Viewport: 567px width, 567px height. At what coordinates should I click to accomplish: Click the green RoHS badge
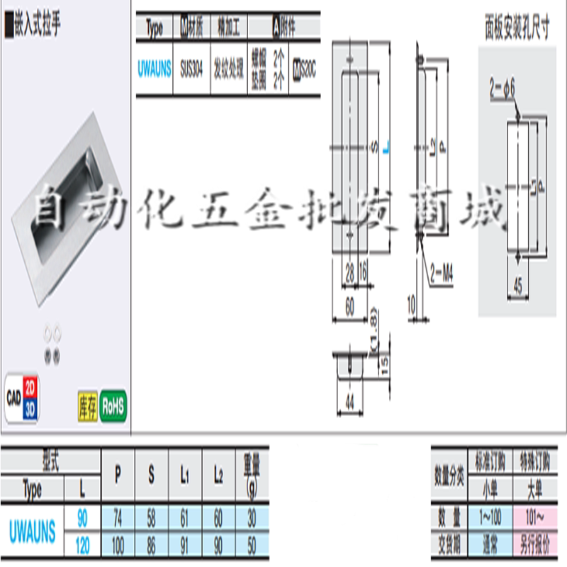pos(113,406)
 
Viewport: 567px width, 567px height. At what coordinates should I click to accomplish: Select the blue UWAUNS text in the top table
pos(154,71)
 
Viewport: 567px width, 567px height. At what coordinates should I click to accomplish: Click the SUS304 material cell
pos(190,71)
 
